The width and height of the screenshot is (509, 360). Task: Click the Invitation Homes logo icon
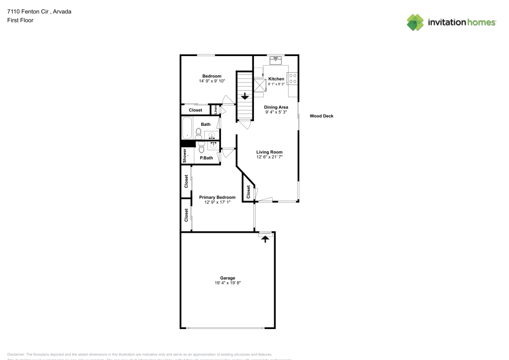point(415,22)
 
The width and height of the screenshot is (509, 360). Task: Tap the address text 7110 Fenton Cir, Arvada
point(39,11)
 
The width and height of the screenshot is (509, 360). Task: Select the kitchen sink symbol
point(275,60)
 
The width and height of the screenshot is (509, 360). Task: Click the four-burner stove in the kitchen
point(293,78)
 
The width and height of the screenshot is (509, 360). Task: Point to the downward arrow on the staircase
point(245,95)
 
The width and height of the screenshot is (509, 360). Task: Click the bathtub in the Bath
point(187,128)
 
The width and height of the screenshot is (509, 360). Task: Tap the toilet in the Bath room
point(199,133)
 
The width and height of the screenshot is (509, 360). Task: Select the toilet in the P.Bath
point(202,148)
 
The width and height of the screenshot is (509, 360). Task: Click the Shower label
point(185,156)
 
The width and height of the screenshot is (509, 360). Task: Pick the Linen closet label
point(216,109)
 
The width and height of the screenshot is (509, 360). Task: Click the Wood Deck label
point(322,116)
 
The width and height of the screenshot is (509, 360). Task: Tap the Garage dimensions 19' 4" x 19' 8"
point(228,283)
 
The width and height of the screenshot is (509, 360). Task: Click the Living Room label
point(269,152)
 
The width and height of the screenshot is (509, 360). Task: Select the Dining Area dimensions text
point(276,112)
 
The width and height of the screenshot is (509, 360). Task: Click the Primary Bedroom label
point(217,197)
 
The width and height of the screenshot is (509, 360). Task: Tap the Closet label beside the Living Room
point(248,192)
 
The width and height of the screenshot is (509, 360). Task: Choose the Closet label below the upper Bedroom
point(195,110)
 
